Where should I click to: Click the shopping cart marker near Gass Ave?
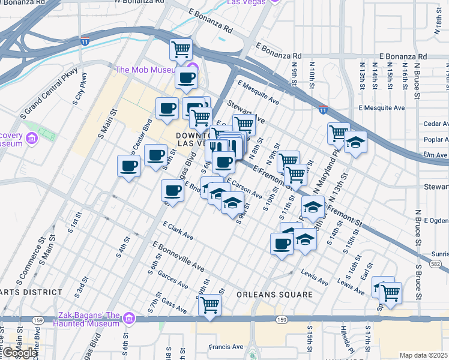coord(209,304)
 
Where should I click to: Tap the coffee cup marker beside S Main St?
coord(128,166)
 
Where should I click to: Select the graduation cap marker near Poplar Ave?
coord(355,143)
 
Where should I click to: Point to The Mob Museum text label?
coord(150,70)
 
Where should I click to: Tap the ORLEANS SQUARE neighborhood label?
coord(274,295)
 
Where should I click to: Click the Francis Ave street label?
coord(226,346)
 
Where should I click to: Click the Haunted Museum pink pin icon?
coord(128,317)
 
